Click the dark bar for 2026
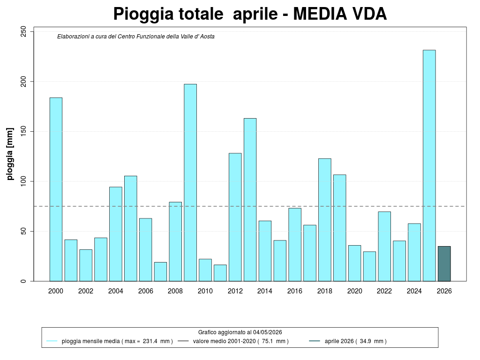(x=444, y=263)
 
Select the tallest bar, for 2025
(x=429, y=165)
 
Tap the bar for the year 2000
(x=56, y=189)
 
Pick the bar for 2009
(x=190, y=183)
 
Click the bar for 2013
(x=250, y=200)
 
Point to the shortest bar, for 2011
(x=220, y=273)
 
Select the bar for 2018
(x=325, y=220)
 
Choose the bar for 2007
(x=160, y=272)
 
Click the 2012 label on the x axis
(x=235, y=291)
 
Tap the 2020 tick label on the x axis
(x=354, y=291)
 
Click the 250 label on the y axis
(x=23, y=31)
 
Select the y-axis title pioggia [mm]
(x=10, y=154)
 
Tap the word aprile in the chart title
(x=255, y=15)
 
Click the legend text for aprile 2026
(x=355, y=341)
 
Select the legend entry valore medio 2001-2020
(x=240, y=341)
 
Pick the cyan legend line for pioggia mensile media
(x=52, y=341)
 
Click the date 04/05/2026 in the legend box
(x=267, y=332)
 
